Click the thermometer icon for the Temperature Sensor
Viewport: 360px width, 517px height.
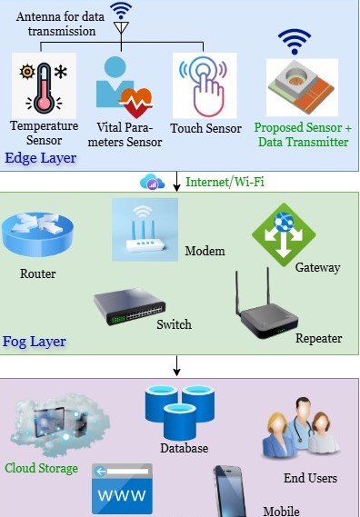click(x=44, y=88)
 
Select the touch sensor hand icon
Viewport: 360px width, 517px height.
click(x=205, y=85)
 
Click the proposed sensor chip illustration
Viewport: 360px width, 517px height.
click(x=302, y=86)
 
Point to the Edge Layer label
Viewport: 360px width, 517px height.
click(x=41, y=158)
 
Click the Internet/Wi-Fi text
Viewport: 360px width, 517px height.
click(x=225, y=182)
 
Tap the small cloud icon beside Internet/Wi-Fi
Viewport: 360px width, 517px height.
click(x=152, y=182)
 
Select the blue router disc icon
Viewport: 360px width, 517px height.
click(x=37, y=234)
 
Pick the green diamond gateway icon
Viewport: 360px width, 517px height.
click(x=284, y=234)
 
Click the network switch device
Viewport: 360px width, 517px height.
click(x=130, y=306)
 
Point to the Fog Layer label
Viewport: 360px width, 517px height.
click(x=35, y=342)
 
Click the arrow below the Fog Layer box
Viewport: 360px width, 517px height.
click(x=177, y=365)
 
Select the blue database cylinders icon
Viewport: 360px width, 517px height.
click(x=180, y=413)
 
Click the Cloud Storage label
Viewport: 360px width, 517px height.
click(x=41, y=468)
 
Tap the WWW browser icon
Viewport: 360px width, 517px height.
click(x=122, y=489)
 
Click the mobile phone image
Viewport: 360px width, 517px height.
click(x=230, y=492)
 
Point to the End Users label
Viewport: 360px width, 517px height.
click(x=311, y=478)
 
